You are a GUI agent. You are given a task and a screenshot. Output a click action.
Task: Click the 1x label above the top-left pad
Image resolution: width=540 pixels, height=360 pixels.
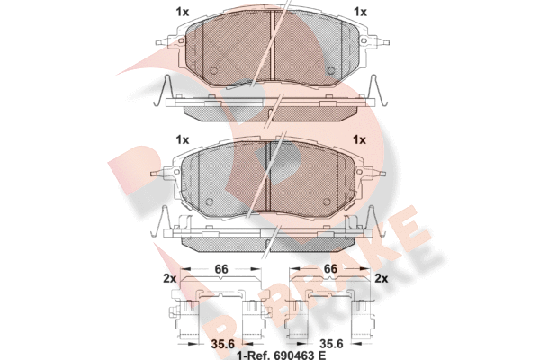click(x=183, y=12)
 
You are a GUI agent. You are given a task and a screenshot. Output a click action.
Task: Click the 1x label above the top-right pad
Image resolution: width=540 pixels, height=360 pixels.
click(x=360, y=12)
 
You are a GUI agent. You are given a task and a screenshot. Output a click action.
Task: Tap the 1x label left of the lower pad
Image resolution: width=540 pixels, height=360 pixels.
click(x=183, y=139)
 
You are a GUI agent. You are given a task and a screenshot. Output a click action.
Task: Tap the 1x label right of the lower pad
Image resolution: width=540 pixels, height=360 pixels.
click(x=359, y=139)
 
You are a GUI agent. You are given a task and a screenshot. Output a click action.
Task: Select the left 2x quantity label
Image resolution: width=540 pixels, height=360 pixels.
click(x=169, y=278)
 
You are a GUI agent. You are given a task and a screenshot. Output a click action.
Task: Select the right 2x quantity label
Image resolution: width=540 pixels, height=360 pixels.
click(x=381, y=278)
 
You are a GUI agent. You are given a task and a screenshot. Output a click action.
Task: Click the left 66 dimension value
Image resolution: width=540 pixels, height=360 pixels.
click(x=221, y=269)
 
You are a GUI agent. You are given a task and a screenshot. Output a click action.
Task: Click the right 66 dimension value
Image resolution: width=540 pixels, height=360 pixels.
click(x=330, y=269)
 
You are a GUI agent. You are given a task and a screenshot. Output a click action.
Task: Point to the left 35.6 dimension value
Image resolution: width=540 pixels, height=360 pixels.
click(x=222, y=344)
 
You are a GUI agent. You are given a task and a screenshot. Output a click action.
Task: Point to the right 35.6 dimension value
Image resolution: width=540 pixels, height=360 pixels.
click(x=331, y=344)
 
